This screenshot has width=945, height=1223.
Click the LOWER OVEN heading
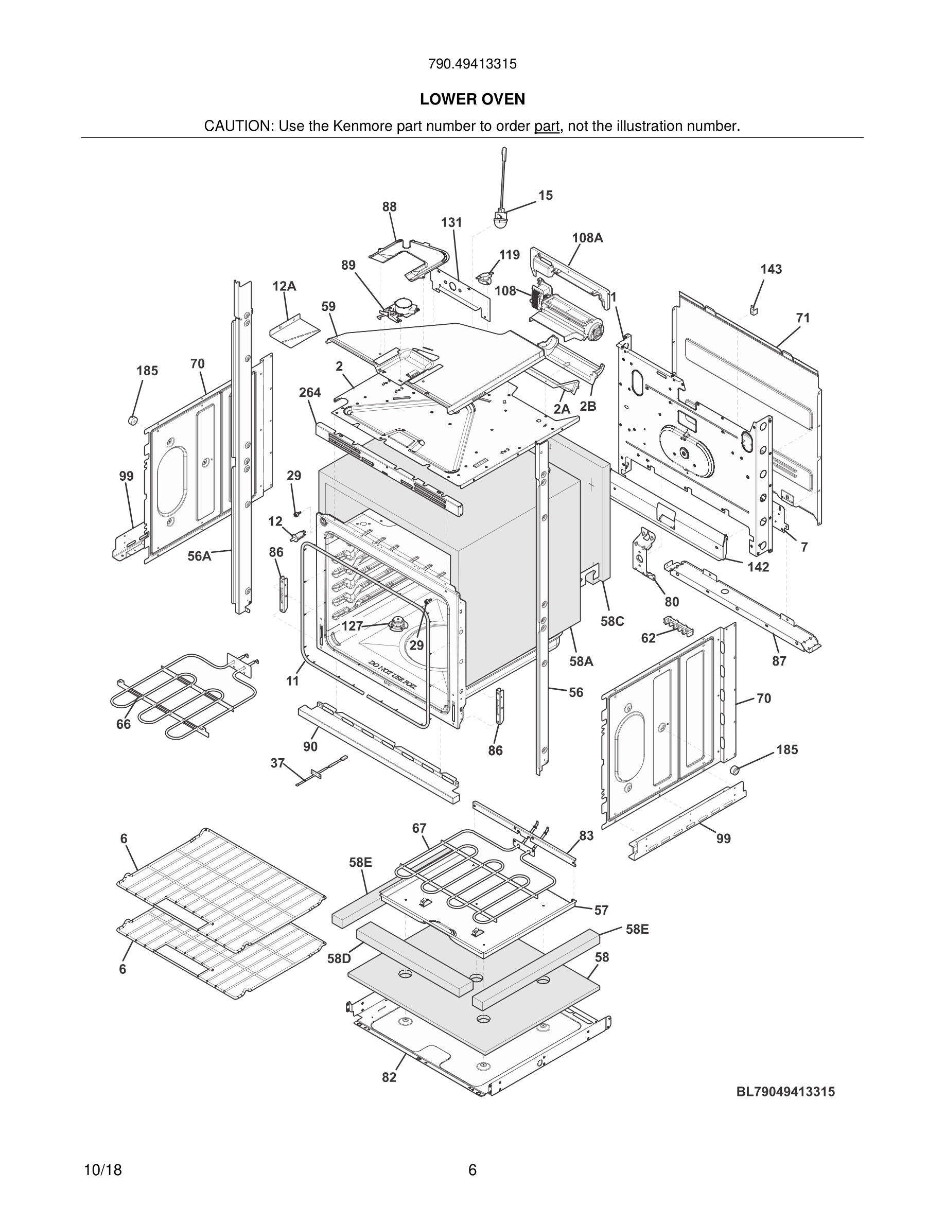(472, 99)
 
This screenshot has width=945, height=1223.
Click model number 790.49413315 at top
(472, 64)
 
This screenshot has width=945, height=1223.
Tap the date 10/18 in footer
(102, 1170)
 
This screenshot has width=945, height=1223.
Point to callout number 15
(545, 196)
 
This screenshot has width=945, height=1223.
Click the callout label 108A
(587, 237)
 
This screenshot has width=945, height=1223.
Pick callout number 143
(771, 269)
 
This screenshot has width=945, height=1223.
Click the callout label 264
(309, 393)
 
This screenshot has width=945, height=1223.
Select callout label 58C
(612, 622)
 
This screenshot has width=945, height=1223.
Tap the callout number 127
(352, 626)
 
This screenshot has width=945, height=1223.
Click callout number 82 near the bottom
(389, 1078)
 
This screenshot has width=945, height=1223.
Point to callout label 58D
(339, 959)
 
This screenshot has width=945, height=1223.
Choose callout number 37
(277, 763)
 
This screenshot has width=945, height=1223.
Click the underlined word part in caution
(547, 127)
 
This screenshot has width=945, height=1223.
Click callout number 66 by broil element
(123, 724)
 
